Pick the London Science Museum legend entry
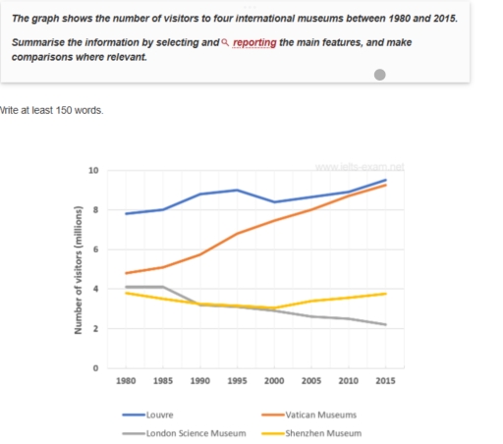(194, 433)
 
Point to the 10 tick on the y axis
(94, 171)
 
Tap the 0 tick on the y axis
(96, 368)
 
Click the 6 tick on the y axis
(96, 250)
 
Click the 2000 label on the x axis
(274, 378)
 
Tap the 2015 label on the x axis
(384, 378)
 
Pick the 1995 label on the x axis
(237, 378)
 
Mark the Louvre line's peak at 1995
(237, 190)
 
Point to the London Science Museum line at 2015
(384, 324)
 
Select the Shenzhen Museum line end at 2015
(384, 294)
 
